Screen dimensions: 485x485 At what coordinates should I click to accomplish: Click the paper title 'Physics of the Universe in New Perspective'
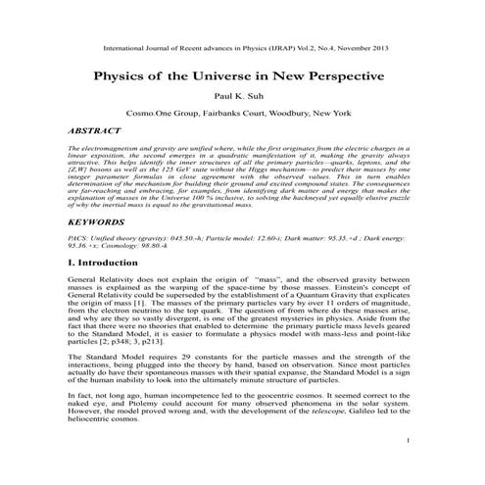[x=242, y=75]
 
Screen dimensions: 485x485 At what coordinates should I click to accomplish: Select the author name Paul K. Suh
[x=242, y=98]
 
